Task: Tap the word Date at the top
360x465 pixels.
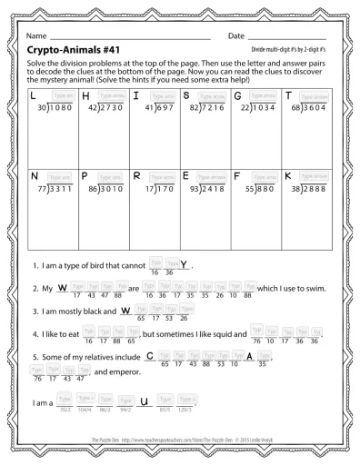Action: pyautogui.click(x=236, y=35)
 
